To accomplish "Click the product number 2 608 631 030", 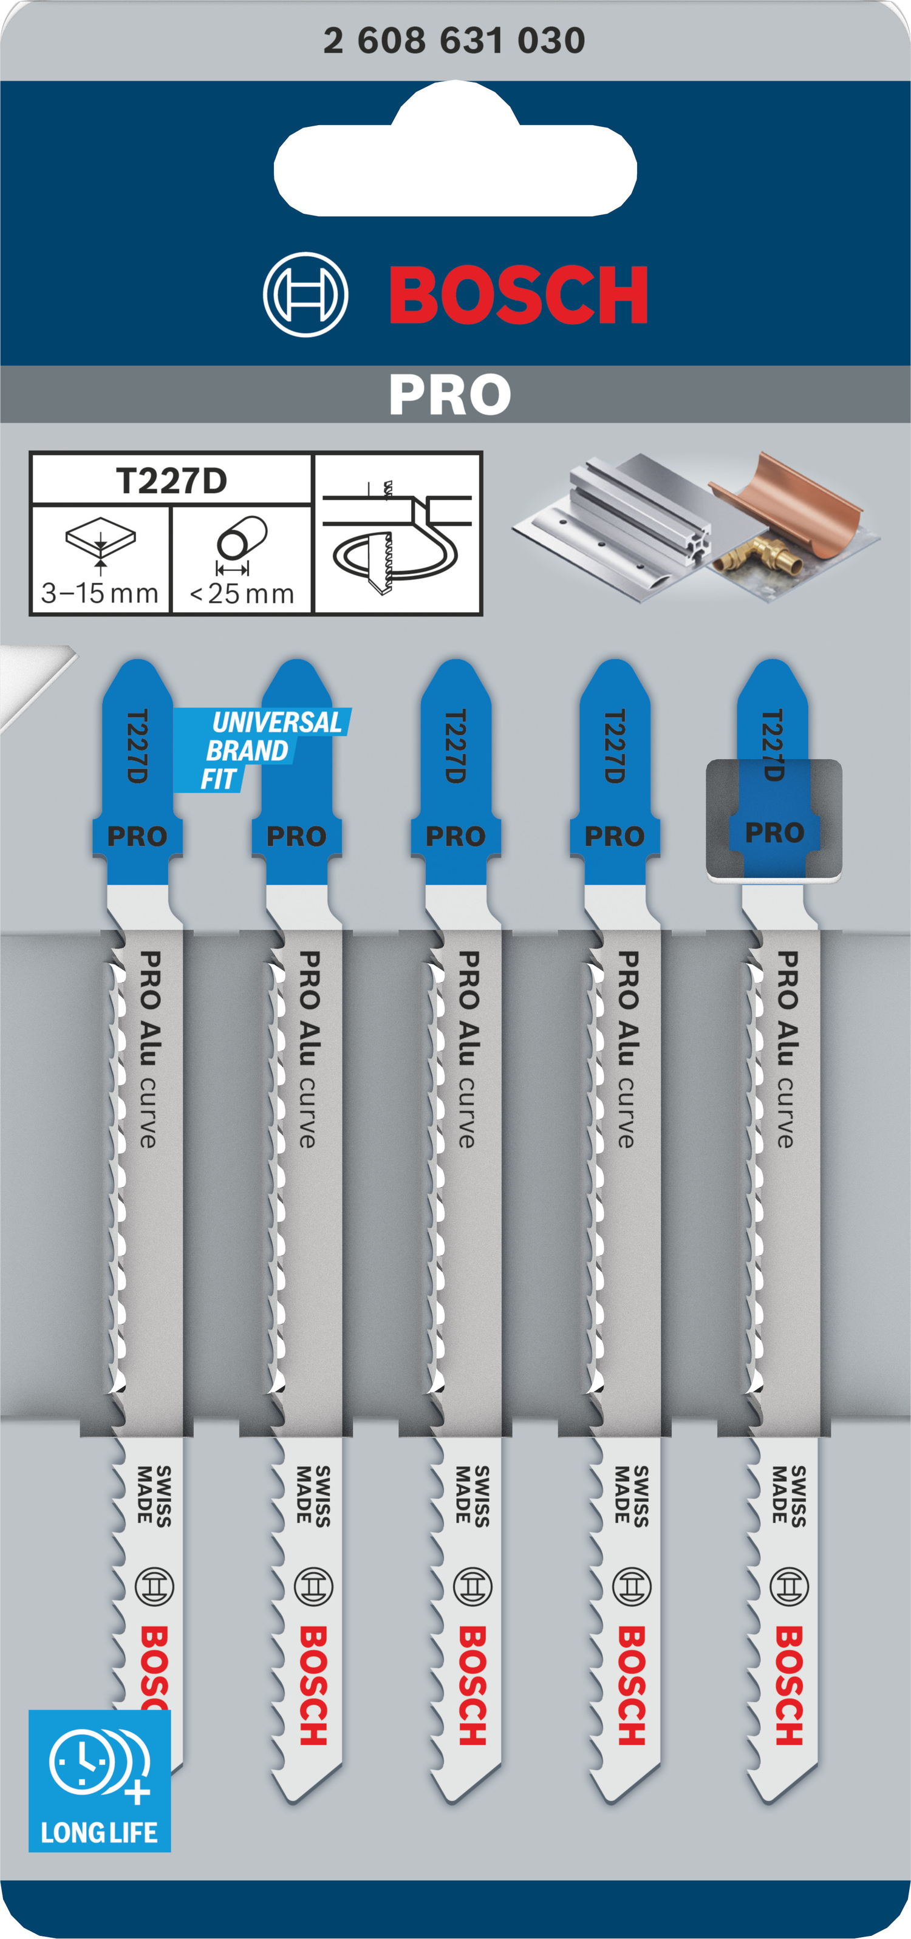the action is point(454,41).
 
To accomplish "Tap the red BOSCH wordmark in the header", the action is point(519,295).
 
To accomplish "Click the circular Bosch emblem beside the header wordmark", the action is point(305,295).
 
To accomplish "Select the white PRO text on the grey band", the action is point(450,395).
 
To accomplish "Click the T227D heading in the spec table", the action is point(172,480).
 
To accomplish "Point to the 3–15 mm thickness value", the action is point(100,593).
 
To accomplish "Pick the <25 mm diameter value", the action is point(242,593).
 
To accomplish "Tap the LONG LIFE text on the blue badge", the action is point(100,1832).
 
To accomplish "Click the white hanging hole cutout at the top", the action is point(455,155).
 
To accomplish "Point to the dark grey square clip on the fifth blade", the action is point(773,819).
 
